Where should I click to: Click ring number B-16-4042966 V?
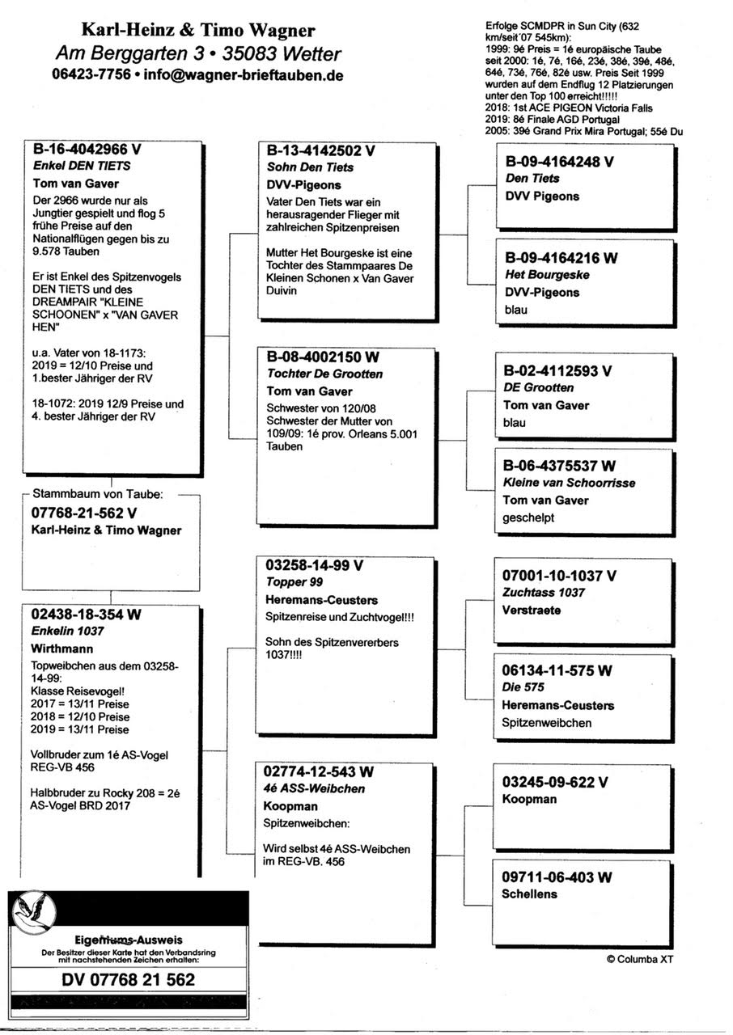pos(87,150)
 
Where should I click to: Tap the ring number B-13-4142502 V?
pos(321,150)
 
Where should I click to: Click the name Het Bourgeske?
pos(547,275)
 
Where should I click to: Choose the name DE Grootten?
pos(538,388)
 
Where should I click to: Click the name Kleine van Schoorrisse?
pos(569,483)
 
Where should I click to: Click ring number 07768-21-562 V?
pos(84,513)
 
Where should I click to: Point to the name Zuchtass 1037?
pos(544,593)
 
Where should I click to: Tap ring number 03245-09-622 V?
pos(555,783)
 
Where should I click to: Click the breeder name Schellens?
pos(529,894)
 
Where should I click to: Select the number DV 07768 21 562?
pos(128,979)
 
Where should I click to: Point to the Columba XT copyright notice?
pos(639,959)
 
